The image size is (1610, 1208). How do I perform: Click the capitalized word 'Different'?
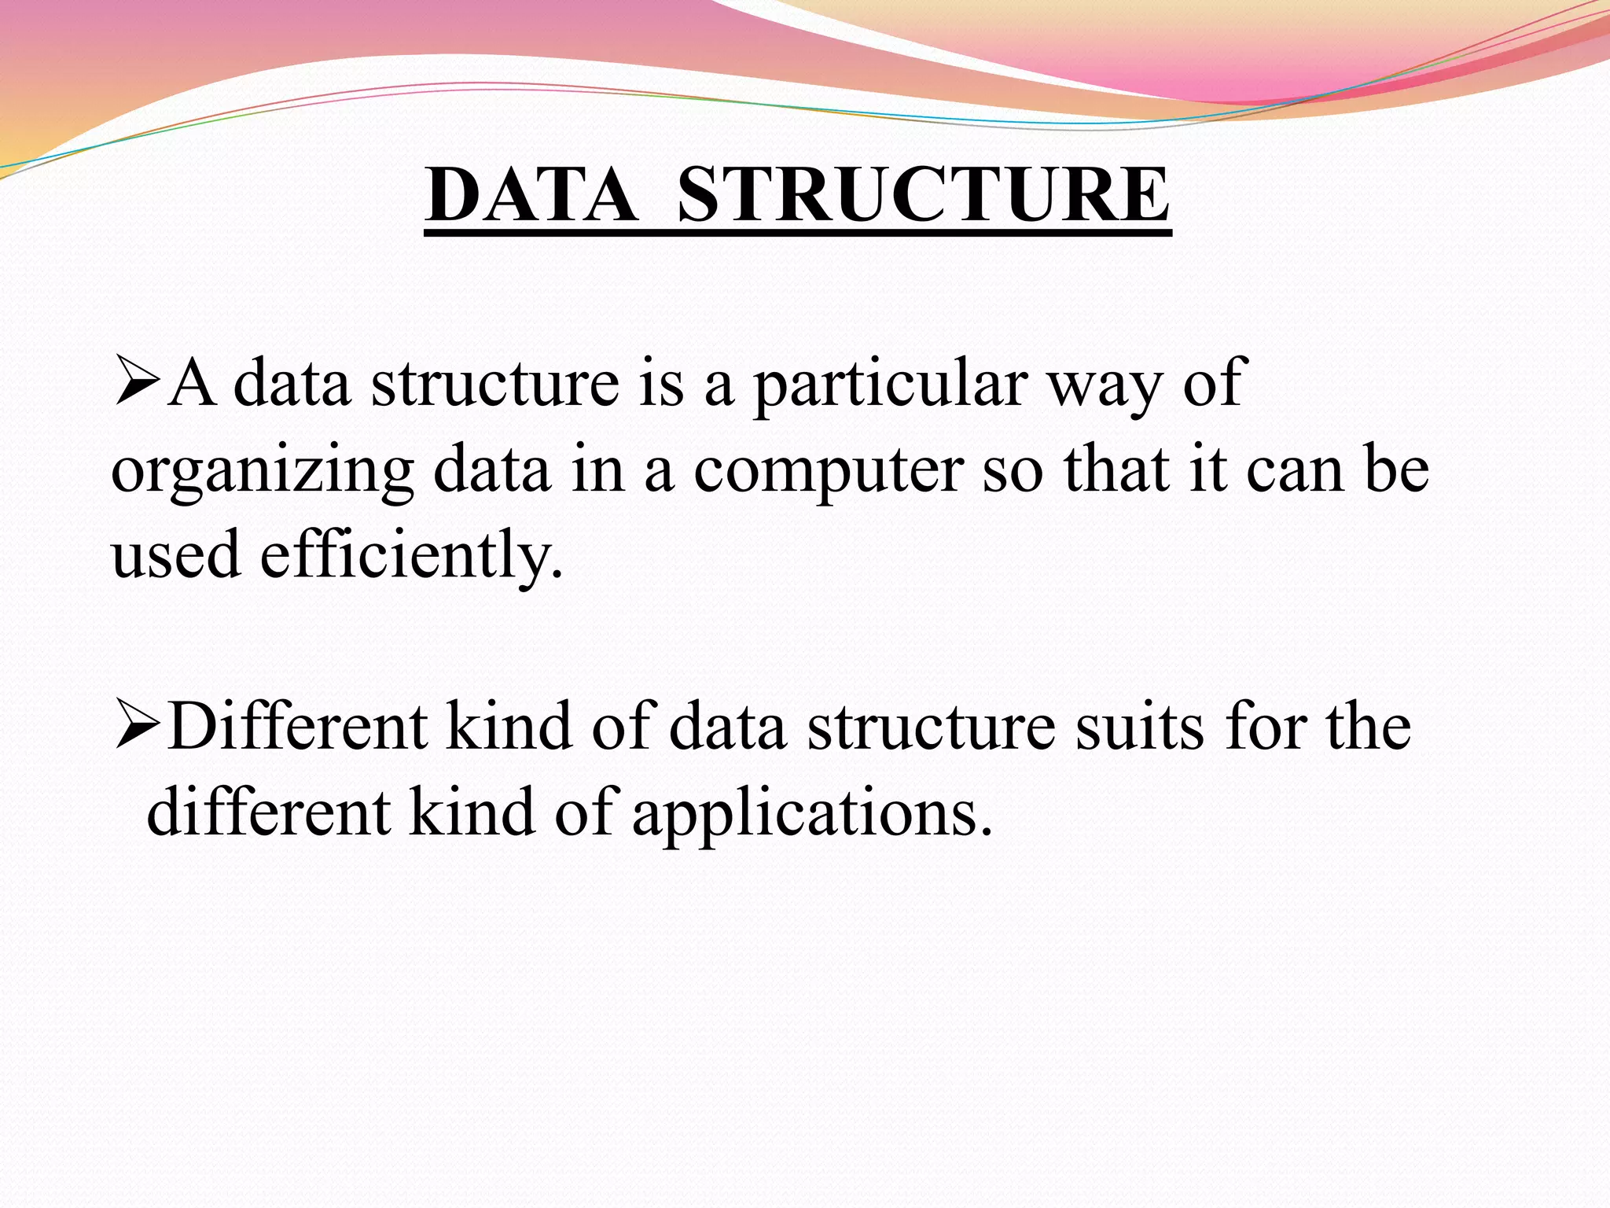tap(298, 727)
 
